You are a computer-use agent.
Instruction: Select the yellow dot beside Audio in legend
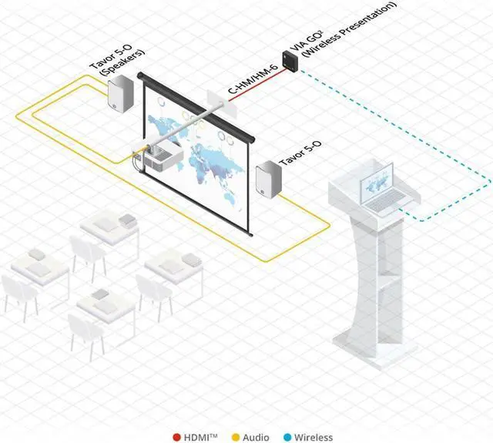[235, 436]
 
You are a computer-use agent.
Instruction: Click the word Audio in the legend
[256, 436]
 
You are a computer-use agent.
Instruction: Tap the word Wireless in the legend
[314, 436]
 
